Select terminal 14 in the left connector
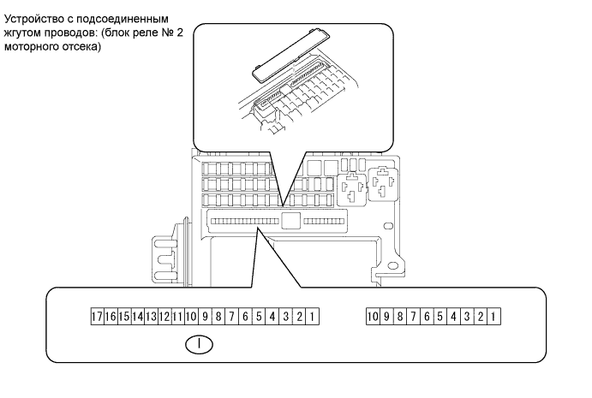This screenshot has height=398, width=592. (x=137, y=317)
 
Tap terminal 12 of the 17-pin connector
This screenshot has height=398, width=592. (x=164, y=317)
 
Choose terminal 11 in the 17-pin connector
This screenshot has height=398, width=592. (x=177, y=317)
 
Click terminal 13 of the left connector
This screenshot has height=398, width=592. (x=151, y=317)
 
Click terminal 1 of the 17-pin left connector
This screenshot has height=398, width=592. (x=315, y=317)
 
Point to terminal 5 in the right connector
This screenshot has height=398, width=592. (x=440, y=317)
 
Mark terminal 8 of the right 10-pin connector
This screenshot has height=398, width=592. (x=400, y=317)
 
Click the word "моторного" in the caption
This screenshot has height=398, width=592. (x=32, y=45)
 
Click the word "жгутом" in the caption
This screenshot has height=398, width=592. (x=25, y=32)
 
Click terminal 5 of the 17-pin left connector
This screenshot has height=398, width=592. (x=259, y=317)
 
